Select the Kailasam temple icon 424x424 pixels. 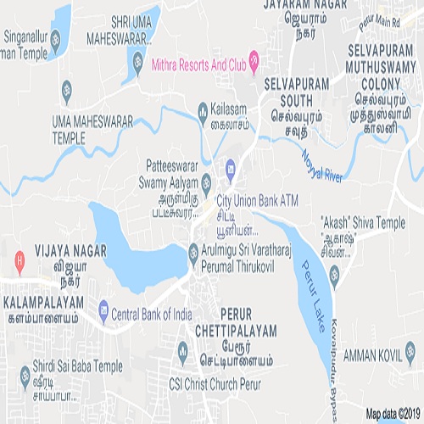coord(203,109)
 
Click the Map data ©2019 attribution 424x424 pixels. coord(393,415)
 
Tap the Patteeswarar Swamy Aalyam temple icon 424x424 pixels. coord(204,180)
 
